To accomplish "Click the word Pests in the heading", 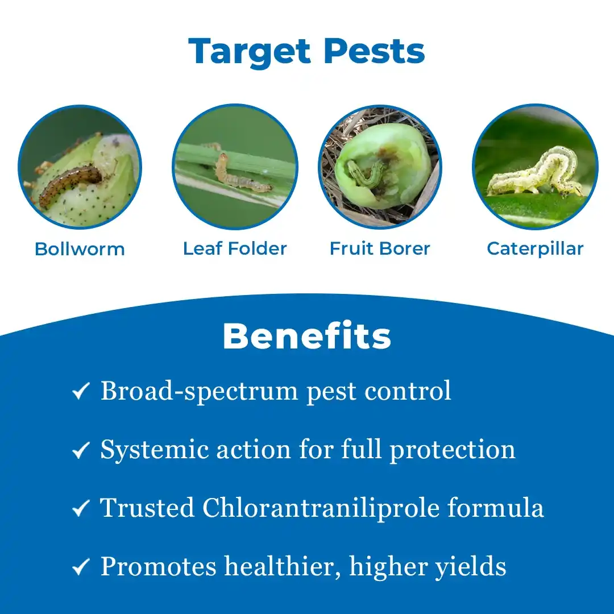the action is point(374,51).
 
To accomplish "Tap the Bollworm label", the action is point(80,249).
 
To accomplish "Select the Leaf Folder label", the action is point(235,248).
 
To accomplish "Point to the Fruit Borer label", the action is point(380,248).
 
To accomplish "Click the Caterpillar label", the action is point(535,249).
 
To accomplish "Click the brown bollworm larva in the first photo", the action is point(69,184).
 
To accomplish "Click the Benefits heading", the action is point(307,337).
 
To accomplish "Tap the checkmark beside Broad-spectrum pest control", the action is point(81,391).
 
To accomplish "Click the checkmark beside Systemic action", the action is point(81,450).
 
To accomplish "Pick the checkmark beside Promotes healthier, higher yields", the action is point(81,567).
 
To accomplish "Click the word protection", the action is point(453,450).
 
